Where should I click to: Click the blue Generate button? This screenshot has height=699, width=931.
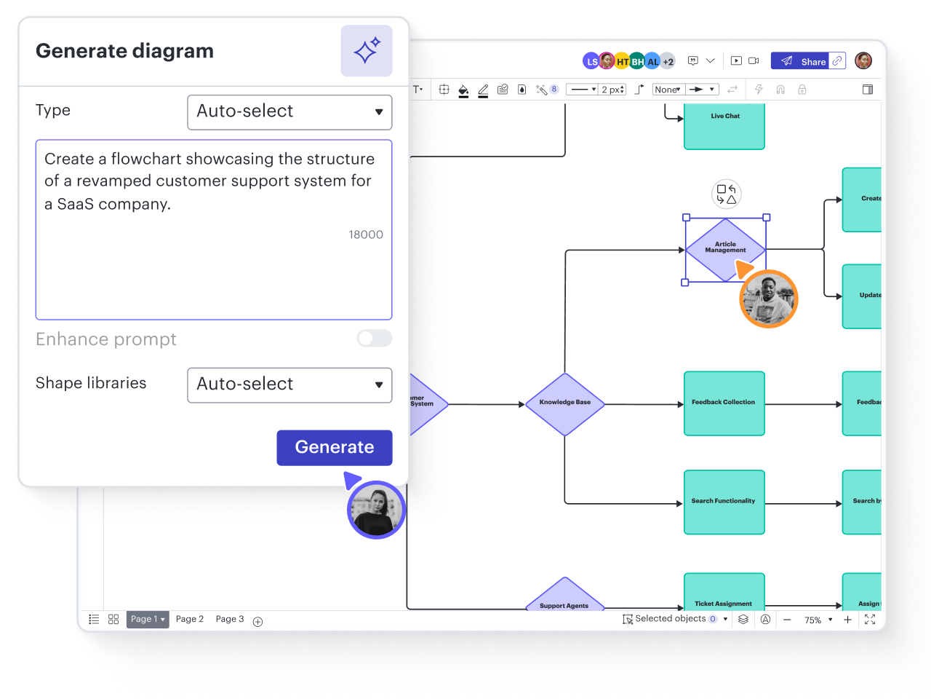(x=334, y=447)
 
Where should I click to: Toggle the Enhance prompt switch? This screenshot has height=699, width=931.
(x=374, y=339)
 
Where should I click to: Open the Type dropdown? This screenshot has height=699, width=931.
(x=289, y=111)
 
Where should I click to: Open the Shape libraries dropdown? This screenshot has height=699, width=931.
(x=289, y=384)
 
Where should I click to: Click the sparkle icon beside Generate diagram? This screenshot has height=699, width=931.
(x=367, y=51)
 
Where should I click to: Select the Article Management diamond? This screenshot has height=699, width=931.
(x=725, y=249)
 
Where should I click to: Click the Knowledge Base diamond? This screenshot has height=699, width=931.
(x=565, y=403)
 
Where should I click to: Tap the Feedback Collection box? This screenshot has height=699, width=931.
(x=724, y=403)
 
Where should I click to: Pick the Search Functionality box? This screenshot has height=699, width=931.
(x=724, y=502)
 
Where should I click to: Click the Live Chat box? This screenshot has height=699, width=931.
(x=724, y=125)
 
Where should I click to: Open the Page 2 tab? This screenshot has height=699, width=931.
(x=190, y=619)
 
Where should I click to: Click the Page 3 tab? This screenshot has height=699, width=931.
(x=230, y=619)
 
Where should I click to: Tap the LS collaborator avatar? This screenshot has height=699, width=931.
(x=591, y=61)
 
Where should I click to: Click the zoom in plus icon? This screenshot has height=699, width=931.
(x=847, y=620)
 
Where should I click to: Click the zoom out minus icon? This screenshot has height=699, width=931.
(x=787, y=620)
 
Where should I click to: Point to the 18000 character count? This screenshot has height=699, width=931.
(x=365, y=234)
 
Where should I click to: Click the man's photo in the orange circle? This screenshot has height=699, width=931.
(x=769, y=299)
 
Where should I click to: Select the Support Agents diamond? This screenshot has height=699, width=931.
(x=564, y=597)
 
